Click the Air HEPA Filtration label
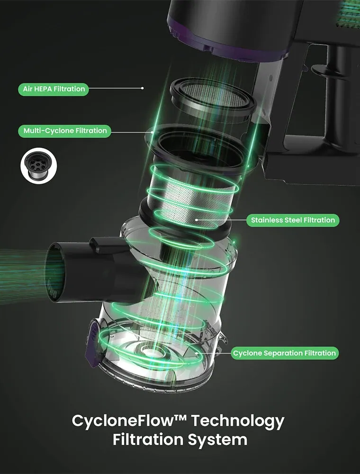coord(54,89)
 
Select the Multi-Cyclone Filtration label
coord(64,131)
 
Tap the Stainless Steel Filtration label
coord(293,220)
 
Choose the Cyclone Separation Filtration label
coord(285,353)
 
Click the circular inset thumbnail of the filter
coord(39,165)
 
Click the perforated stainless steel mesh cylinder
coord(193,200)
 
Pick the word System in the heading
coord(217,440)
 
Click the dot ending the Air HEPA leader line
coord(143,88)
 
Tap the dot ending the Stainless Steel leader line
coord(197,220)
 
